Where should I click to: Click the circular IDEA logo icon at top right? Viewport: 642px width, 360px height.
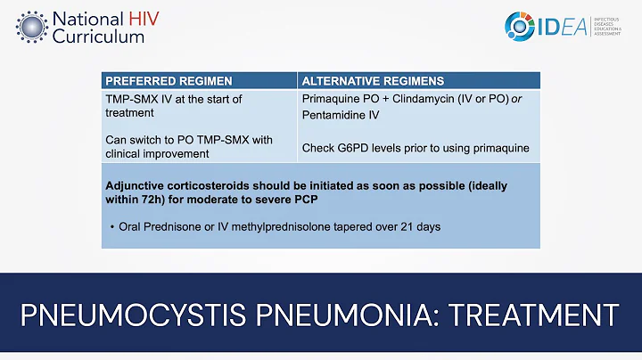521,26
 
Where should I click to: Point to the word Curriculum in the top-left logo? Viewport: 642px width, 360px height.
98,37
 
